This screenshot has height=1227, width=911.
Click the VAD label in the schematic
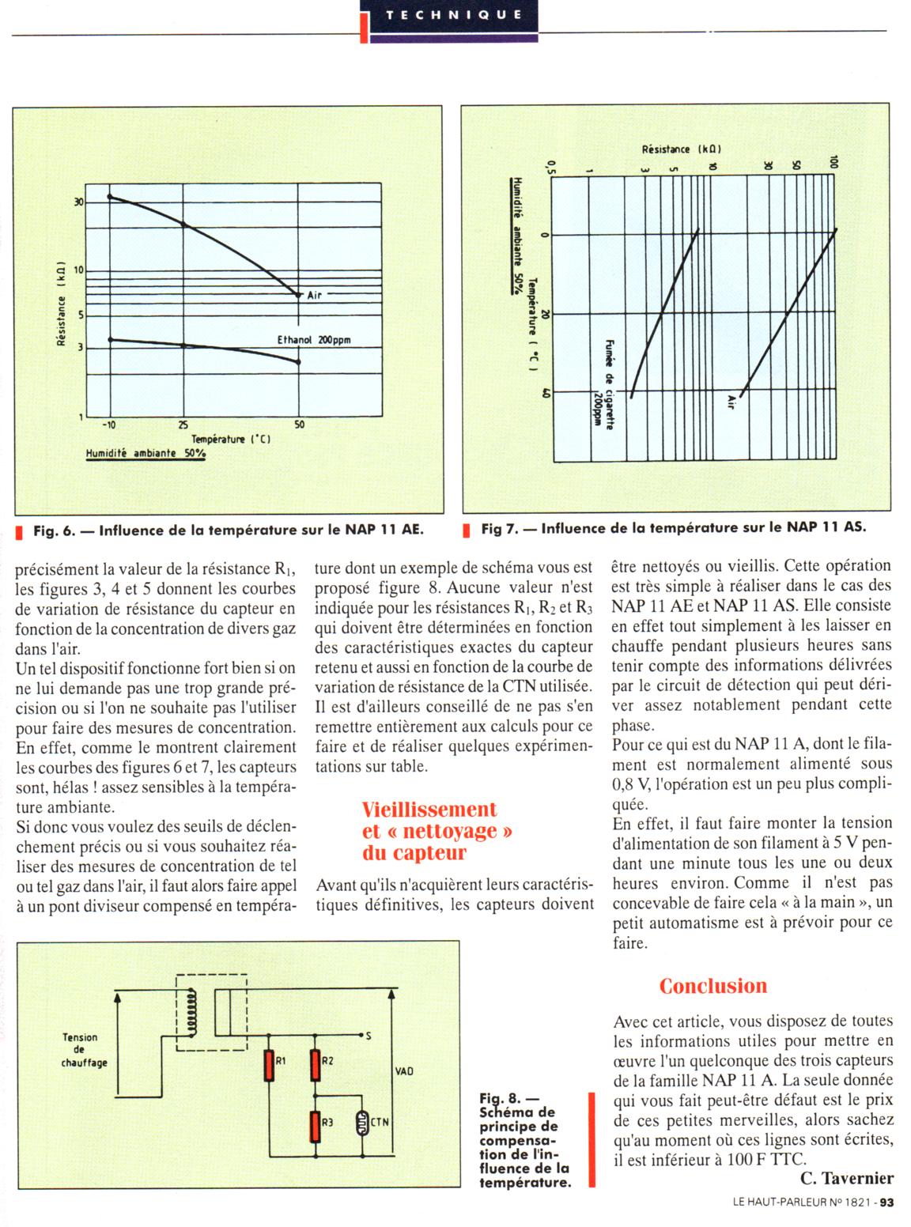(403, 1071)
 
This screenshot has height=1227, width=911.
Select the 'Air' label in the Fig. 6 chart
(315, 295)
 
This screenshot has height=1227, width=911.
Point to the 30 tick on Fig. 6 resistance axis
(78, 202)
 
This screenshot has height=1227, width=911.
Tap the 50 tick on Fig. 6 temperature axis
(299, 425)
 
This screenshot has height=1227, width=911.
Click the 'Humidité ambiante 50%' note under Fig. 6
(146, 454)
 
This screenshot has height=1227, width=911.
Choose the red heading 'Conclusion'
(713, 986)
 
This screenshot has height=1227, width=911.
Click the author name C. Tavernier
(846, 1179)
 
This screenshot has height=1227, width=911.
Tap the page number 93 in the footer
(886, 1204)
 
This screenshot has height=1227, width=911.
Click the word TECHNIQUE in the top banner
(454, 14)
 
